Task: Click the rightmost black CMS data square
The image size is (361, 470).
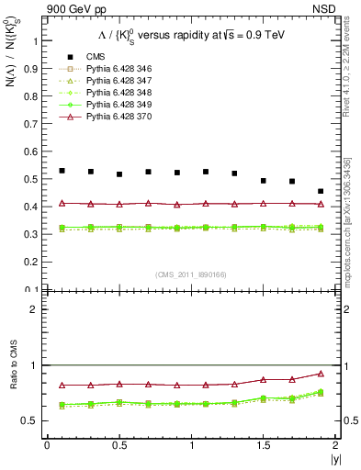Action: click(x=321, y=192)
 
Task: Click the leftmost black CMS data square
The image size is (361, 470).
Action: click(x=62, y=171)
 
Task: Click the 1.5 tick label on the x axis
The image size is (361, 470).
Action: click(x=263, y=445)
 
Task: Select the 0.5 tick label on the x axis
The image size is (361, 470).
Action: click(x=118, y=445)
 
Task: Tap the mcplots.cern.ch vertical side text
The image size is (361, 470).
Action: click(x=352, y=229)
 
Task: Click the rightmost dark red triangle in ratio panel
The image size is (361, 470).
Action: click(x=321, y=374)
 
